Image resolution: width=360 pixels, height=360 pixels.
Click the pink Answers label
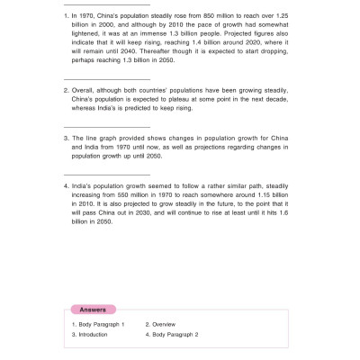[x=93, y=309]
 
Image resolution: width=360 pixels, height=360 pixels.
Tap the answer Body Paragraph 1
[x=101, y=324]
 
